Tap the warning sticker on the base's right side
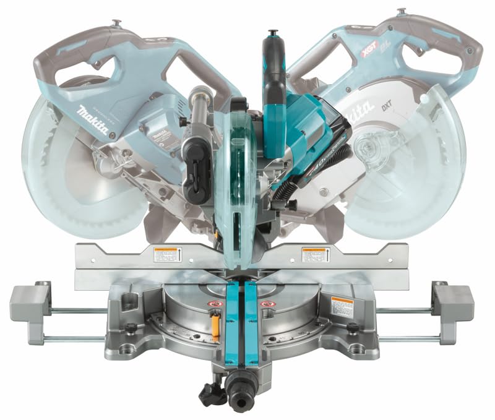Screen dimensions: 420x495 tap(342, 306)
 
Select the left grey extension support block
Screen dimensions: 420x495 tap(30, 301)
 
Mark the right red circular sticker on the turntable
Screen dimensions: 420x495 tap(268, 304)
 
